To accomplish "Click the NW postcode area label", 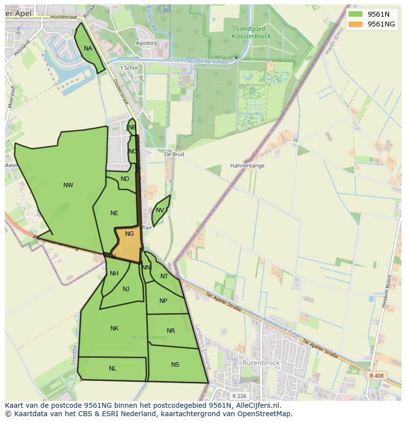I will click(x=68, y=185).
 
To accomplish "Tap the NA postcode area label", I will click(x=88, y=49).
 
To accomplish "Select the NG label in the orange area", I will click(x=129, y=234).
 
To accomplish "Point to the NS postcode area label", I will click(x=175, y=365).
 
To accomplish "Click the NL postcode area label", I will click(x=113, y=369).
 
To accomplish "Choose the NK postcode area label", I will click(x=114, y=328).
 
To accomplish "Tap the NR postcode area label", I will click(x=171, y=331).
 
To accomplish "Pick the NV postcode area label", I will click(x=160, y=211).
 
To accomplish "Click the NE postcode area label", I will click(x=114, y=213).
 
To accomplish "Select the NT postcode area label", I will click(x=164, y=276).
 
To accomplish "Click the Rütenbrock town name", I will click(x=261, y=363).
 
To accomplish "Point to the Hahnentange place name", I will click(x=247, y=166).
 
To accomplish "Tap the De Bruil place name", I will click(x=174, y=154).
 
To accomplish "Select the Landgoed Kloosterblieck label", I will click(x=251, y=33).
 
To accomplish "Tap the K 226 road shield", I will click(x=240, y=396).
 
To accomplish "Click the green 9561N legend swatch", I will click(x=355, y=14).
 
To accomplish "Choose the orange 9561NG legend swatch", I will click(x=355, y=24).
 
